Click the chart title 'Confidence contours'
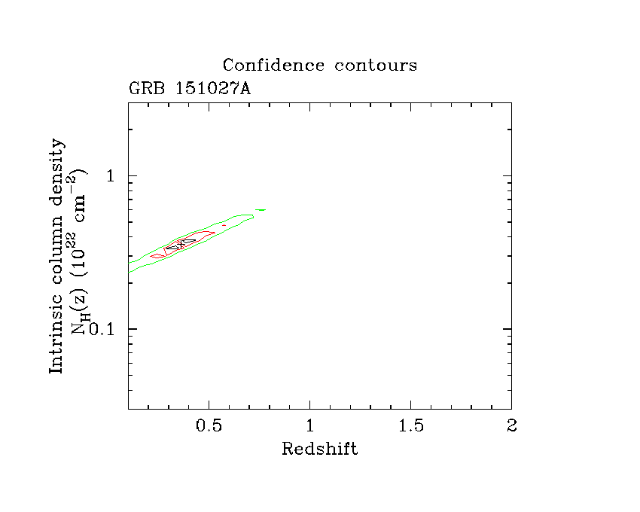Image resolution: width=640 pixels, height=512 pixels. [319, 66]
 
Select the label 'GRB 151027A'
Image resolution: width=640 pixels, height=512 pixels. [190, 88]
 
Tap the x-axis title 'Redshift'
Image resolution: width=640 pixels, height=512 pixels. [319, 450]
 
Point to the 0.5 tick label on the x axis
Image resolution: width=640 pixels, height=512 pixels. [209, 425]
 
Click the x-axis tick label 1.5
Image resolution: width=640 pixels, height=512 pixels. [410, 425]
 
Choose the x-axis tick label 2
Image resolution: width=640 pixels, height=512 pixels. [511, 425]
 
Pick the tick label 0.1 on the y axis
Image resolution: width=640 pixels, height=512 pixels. [103, 329]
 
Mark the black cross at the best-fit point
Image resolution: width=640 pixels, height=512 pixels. [181, 244]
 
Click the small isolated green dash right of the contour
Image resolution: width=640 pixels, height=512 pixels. [261, 209]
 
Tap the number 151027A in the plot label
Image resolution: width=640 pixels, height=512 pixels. [213, 88]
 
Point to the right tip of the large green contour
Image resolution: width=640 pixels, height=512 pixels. [254, 217]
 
